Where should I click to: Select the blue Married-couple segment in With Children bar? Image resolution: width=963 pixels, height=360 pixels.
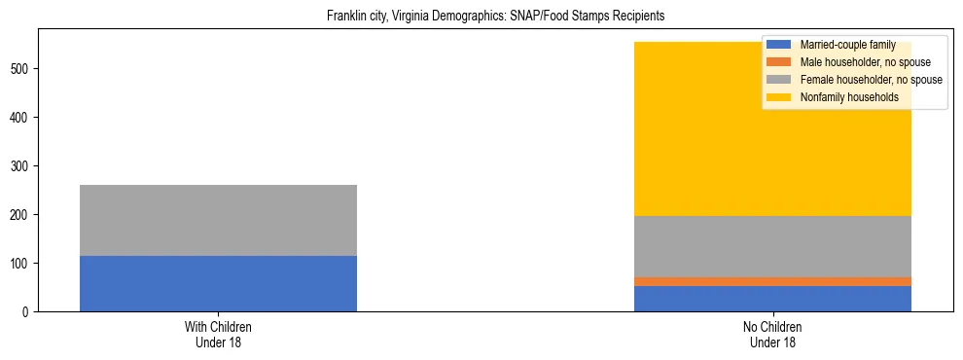pos(218,283)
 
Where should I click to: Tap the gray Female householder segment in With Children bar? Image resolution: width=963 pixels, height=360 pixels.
pos(218,220)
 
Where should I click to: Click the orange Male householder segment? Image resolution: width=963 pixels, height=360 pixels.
pos(772,281)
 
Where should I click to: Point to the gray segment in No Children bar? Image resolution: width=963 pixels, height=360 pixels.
pos(772,246)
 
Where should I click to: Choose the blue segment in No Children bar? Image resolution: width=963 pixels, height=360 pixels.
pos(772,298)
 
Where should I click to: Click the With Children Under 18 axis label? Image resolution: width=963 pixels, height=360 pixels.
pos(218,335)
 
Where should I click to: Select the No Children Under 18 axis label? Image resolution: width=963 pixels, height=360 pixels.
pos(772,335)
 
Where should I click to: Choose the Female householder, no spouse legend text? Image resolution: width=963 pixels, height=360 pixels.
pos(871,80)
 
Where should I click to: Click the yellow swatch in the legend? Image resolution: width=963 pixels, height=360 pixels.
pos(779,97)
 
